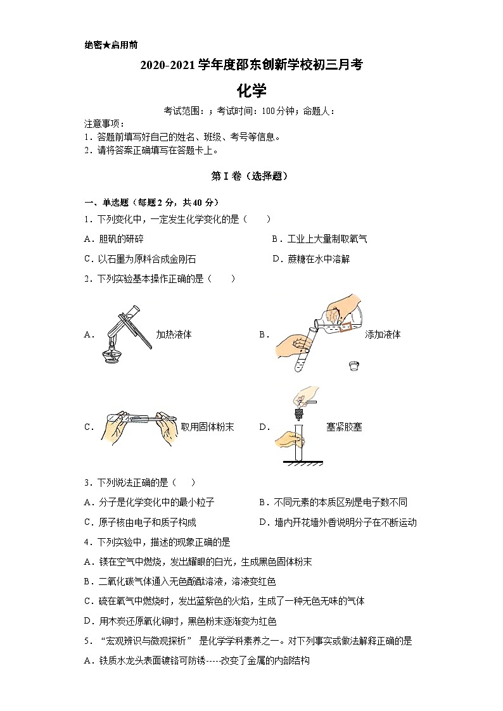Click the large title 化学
click(251, 91)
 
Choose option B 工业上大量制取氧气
click(319, 239)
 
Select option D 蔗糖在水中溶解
click(310, 258)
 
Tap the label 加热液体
click(174, 334)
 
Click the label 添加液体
click(383, 334)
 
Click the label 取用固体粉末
click(207, 427)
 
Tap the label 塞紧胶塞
click(344, 427)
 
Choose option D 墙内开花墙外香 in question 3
click(338, 522)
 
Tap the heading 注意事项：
click(105, 123)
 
